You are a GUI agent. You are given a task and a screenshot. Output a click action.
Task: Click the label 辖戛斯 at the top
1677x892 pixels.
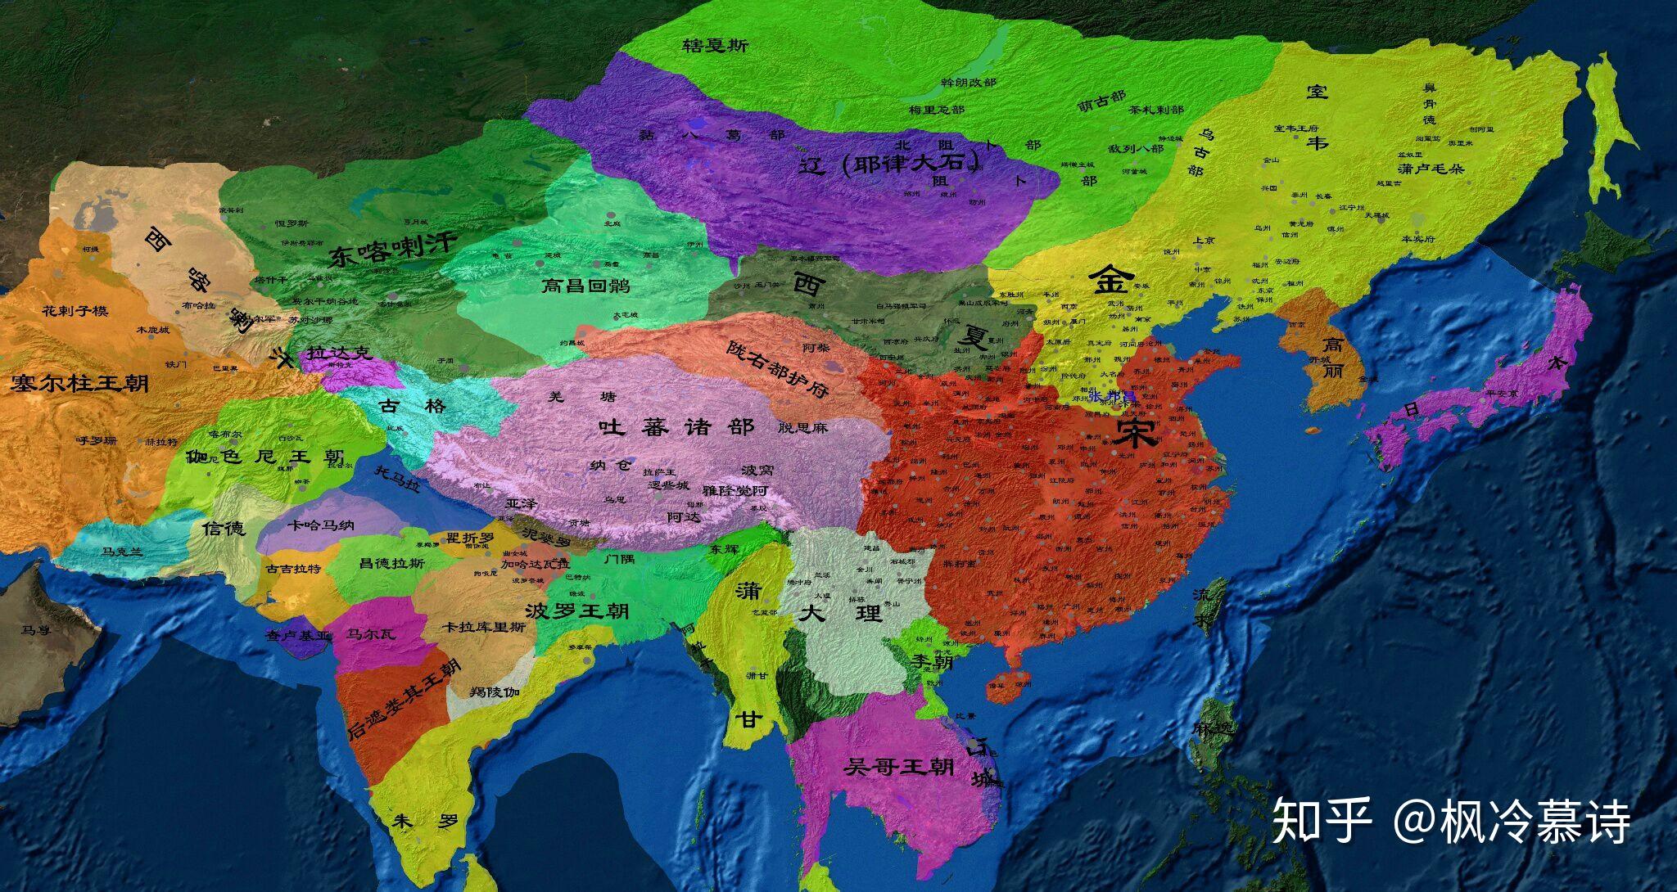(715, 47)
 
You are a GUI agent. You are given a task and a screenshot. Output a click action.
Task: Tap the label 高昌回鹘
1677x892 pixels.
(585, 286)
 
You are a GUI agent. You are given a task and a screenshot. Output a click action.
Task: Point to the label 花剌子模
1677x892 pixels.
(75, 311)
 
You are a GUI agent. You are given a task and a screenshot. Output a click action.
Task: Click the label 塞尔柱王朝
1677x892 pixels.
(79, 382)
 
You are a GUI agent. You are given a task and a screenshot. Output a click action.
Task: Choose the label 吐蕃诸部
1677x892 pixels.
(676, 426)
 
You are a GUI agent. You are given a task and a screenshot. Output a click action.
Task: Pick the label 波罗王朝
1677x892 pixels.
(577, 610)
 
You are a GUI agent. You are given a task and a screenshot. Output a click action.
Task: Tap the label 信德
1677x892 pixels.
(224, 529)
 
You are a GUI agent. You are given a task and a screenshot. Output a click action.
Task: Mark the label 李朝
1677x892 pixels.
(933, 660)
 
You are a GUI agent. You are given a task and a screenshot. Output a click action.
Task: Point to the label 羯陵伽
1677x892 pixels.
(495, 692)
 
